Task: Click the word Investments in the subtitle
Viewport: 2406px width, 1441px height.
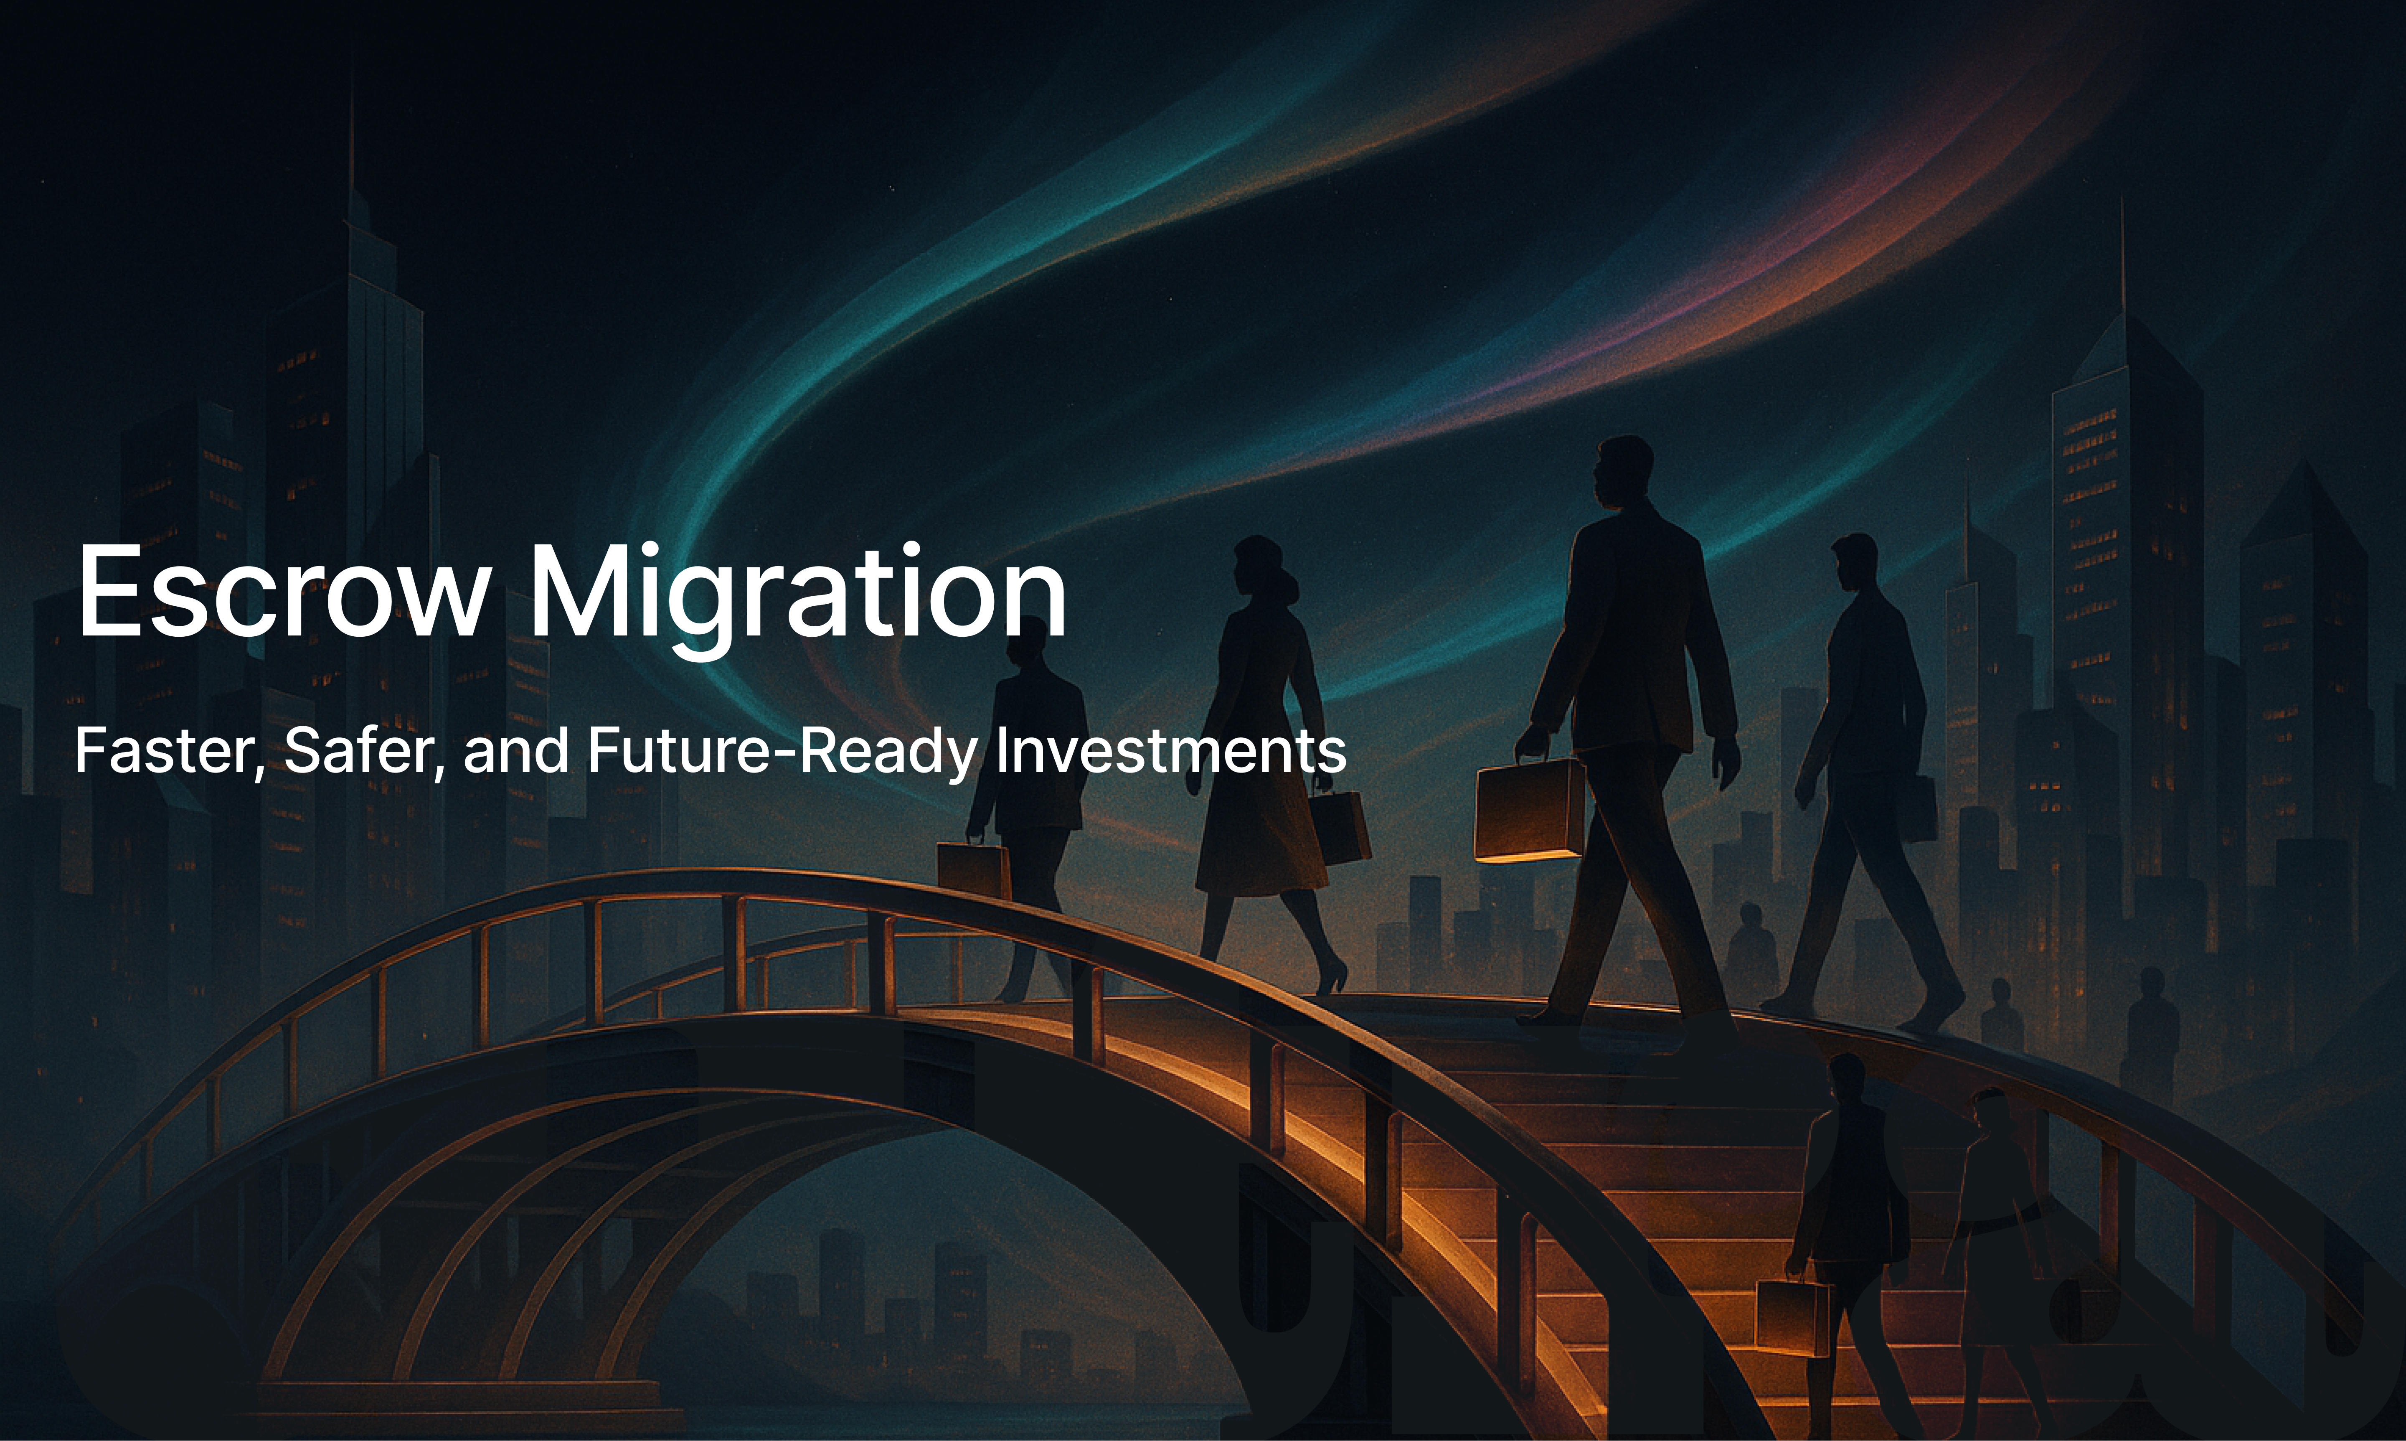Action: pyautogui.click(x=1171, y=751)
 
